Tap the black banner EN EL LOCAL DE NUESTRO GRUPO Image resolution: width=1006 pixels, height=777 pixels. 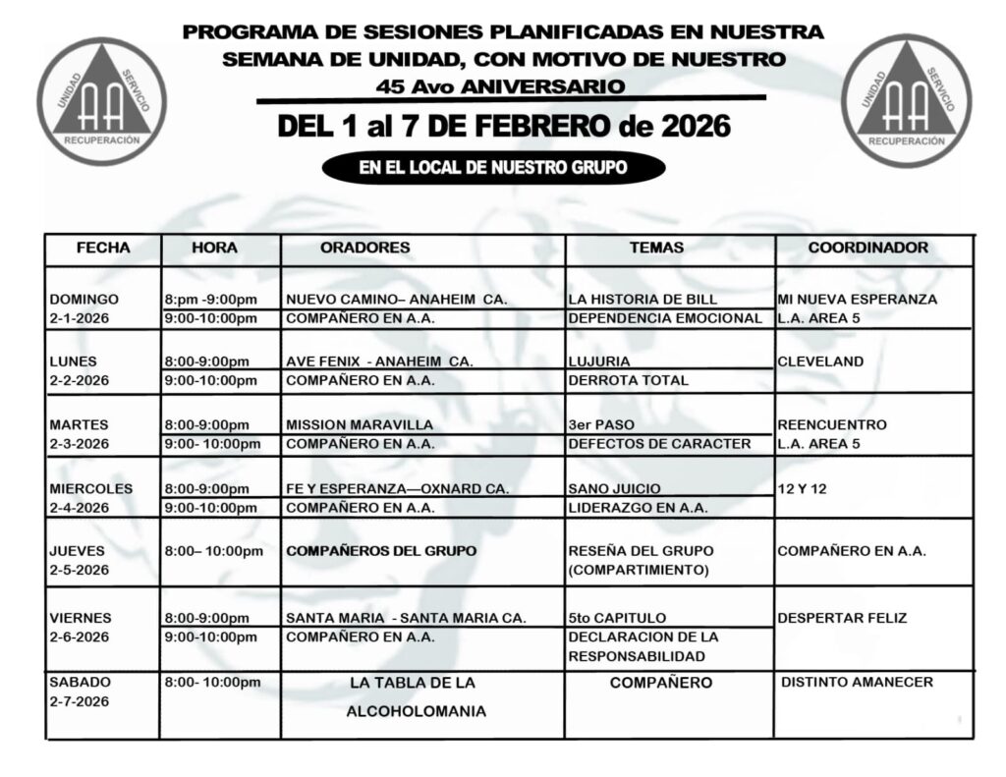click(492, 168)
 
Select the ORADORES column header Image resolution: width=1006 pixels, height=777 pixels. click(364, 249)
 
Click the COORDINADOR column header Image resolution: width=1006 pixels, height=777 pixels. click(867, 249)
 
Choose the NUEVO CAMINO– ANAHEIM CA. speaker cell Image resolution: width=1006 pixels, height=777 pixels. click(396, 300)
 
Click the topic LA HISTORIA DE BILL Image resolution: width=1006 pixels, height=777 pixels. click(643, 300)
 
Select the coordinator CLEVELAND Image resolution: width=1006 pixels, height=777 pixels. click(820, 361)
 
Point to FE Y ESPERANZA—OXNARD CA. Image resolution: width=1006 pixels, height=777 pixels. click(397, 488)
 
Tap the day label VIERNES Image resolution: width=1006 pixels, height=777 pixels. click(80, 618)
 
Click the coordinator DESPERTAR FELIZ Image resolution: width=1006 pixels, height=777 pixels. click(842, 618)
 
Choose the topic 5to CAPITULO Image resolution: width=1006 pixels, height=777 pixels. click(617, 618)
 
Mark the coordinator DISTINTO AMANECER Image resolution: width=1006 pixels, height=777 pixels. click(858, 682)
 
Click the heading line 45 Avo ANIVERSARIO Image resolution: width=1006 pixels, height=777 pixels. click(500, 86)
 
